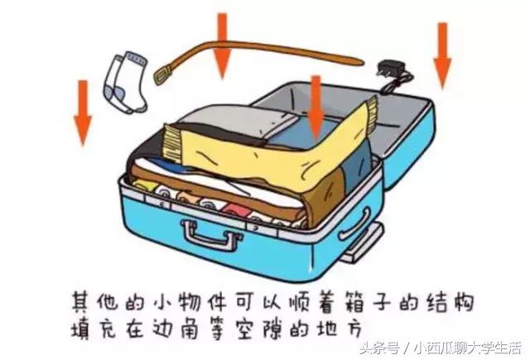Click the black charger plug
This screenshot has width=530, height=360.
387,72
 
